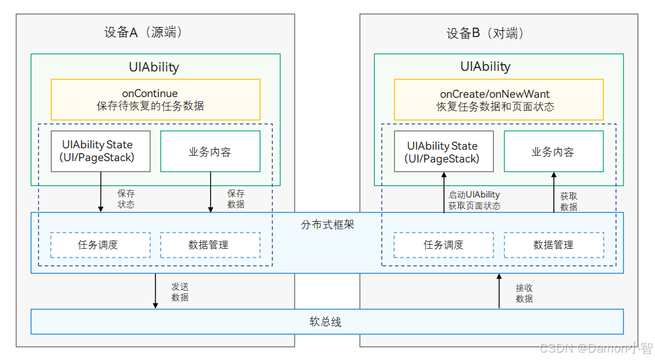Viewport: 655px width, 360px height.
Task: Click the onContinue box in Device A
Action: tap(155, 100)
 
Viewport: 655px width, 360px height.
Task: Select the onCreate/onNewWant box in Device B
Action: tap(498, 100)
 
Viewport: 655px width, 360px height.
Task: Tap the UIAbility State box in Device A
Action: tap(100, 151)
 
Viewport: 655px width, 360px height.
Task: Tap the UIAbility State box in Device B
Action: tap(443, 152)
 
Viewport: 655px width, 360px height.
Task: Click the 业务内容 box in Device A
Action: tap(210, 152)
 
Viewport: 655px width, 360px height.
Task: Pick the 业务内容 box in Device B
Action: tap(553, 152)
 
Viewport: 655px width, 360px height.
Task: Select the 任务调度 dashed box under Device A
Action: tap(100, 245)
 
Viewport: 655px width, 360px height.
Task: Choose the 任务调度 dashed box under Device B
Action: tap(443, 245)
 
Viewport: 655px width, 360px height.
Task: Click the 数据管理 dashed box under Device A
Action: tap(210, 245)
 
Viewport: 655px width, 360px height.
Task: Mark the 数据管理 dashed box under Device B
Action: tap(553, 245)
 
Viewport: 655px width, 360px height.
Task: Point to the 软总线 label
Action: tap(325, 322)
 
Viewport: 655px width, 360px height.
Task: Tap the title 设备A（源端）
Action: tap(144, 32)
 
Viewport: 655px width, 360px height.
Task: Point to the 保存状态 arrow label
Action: tap(126, 199)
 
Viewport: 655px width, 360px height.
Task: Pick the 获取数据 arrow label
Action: tap(568, 202)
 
